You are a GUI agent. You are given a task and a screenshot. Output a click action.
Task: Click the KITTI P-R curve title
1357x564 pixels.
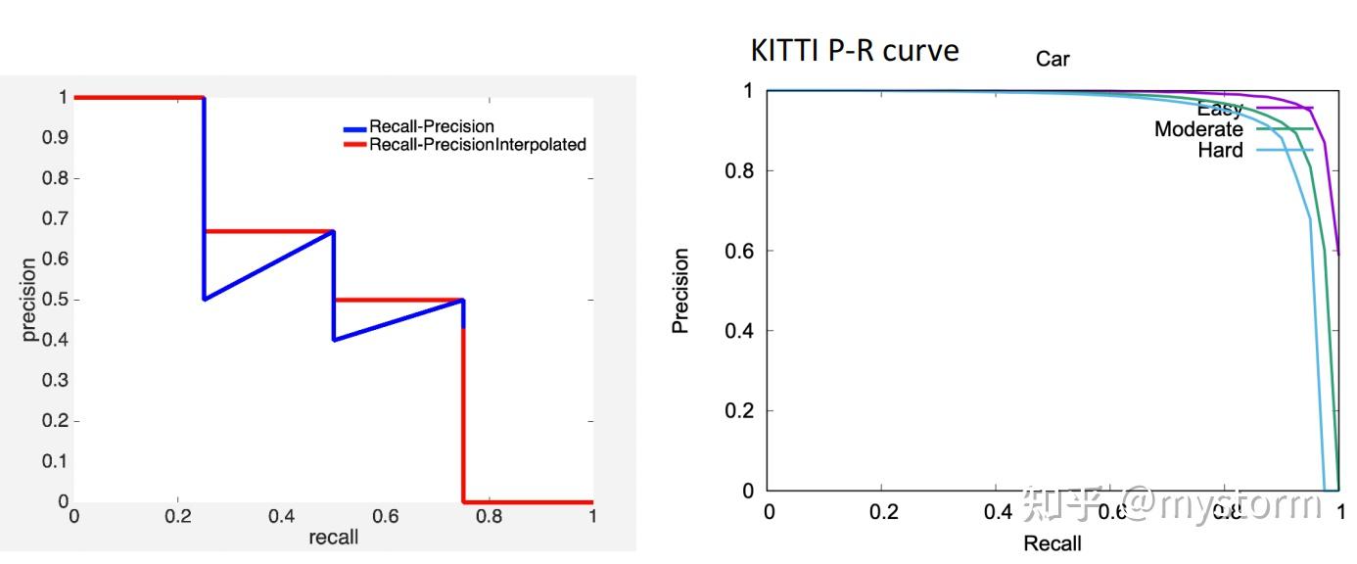pos(854,50)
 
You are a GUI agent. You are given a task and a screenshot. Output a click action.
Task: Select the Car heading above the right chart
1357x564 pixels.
pos(1053,60)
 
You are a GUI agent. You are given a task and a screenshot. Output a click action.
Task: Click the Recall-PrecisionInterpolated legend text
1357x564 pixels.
pos(477,145)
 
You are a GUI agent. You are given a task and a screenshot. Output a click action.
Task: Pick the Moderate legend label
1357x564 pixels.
pos(1198,129)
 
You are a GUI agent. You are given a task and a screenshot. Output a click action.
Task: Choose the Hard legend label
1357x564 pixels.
pos(1220,150)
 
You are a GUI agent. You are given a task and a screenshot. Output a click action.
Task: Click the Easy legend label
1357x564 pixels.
pos(1220,109)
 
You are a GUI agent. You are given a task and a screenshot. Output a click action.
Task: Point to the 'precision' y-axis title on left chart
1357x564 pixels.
pos(29,299)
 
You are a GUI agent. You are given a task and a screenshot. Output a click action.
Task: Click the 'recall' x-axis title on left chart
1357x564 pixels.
pos(334,537)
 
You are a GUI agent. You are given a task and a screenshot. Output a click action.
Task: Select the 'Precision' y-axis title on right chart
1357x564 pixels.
pos(680,291)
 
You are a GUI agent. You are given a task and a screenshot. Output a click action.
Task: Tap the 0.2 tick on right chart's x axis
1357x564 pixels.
pos(881,511)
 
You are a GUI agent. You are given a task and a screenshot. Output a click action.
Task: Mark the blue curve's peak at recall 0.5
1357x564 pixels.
pos(333,232)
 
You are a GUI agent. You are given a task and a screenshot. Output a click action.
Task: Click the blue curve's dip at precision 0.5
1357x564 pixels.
pos(205,299)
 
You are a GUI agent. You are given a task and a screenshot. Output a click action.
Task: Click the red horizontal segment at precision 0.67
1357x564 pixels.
pos(268,231)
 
